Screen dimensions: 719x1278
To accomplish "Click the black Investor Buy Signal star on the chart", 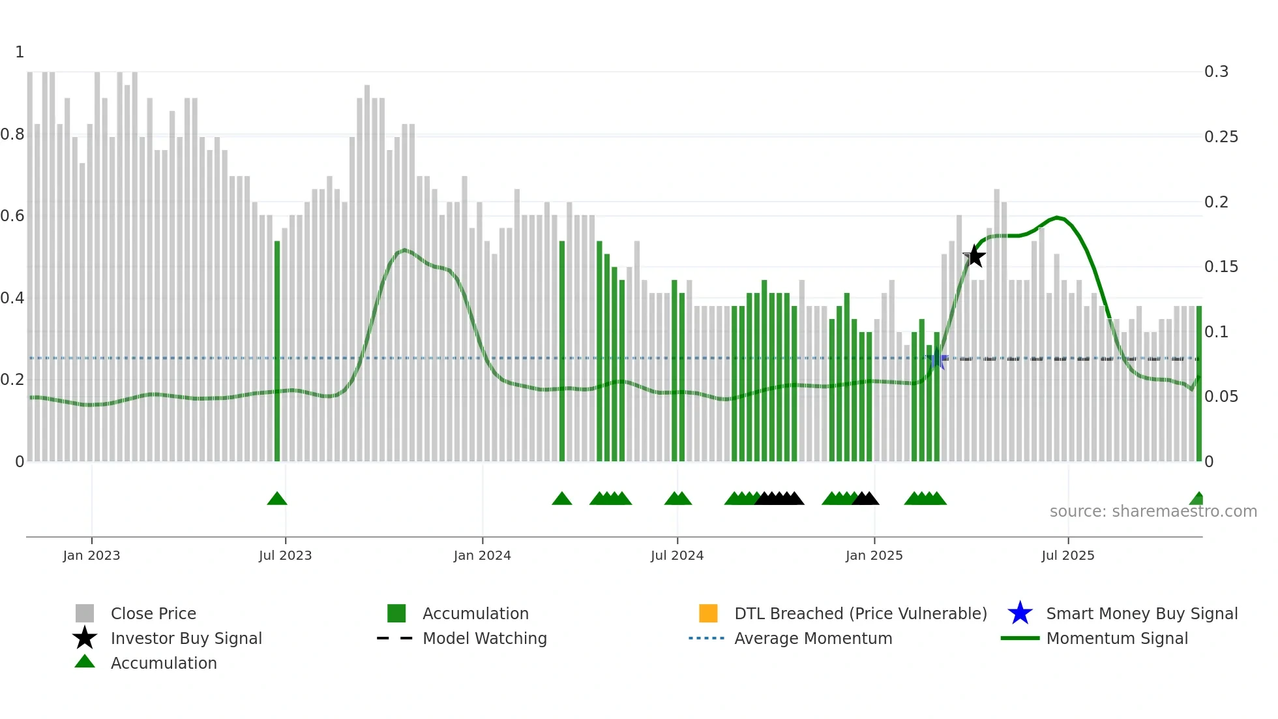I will [974, 256].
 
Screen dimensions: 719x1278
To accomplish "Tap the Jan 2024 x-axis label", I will [482, 555].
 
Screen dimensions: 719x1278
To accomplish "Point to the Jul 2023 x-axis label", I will [285, 555].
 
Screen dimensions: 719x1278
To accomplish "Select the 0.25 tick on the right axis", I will [1221, 137].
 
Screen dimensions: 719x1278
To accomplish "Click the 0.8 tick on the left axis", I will [12, 134].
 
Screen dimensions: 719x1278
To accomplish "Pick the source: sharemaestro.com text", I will [1153, 512].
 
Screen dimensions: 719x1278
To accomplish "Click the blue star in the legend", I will [1020, 613].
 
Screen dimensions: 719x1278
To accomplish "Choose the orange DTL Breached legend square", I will [708, 613].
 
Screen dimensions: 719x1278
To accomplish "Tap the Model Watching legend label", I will [484, 638].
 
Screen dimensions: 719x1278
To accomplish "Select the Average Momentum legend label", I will [813, 638].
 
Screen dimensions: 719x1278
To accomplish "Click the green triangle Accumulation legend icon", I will [85, 662].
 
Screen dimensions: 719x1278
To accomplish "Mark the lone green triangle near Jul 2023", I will [277, 499].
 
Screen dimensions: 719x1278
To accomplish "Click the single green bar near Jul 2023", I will [277, 352].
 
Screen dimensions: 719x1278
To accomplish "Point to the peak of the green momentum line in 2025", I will [1056, 217].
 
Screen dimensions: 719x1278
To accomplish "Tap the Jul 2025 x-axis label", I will [1067, 555].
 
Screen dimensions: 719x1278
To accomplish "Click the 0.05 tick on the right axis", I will [1221, 397].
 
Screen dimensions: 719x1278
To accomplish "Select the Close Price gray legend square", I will [85, 613].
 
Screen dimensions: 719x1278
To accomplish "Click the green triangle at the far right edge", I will [1197, 499].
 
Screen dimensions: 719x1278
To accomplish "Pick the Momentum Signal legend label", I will [1117, 638].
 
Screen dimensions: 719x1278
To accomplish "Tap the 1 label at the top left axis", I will [20, 52].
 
